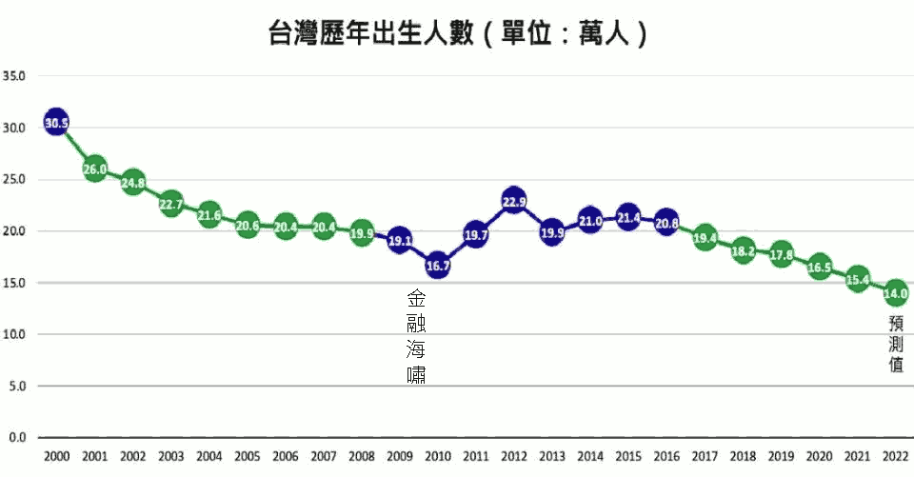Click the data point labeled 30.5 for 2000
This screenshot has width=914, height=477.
click(56, 122)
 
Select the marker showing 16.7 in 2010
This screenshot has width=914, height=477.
click(438, 266)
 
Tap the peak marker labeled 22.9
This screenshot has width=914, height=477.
click(514, 201)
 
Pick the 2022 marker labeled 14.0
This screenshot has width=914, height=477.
click(896, 293)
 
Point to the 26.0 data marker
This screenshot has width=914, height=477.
click(94, 169)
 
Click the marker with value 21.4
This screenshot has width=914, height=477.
click(628, 217)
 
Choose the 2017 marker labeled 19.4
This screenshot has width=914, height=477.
click(705, 238)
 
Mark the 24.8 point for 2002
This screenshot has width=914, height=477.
click(132, 182)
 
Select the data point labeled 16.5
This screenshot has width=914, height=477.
click(819, 268)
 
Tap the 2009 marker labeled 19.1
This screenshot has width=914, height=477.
click(400, 241)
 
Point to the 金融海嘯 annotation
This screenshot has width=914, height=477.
click(416, 335)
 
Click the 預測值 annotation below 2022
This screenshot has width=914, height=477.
click(896, 344)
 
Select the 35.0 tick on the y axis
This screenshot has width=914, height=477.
click(15, 76)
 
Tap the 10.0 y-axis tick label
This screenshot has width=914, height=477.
click(15, 335)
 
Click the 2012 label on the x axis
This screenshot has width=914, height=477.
click(514, 456)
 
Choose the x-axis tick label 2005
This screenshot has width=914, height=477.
click(247, 456)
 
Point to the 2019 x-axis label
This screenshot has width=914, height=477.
click(781, 456)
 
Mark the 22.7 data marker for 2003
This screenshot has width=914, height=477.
click(170, 203)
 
